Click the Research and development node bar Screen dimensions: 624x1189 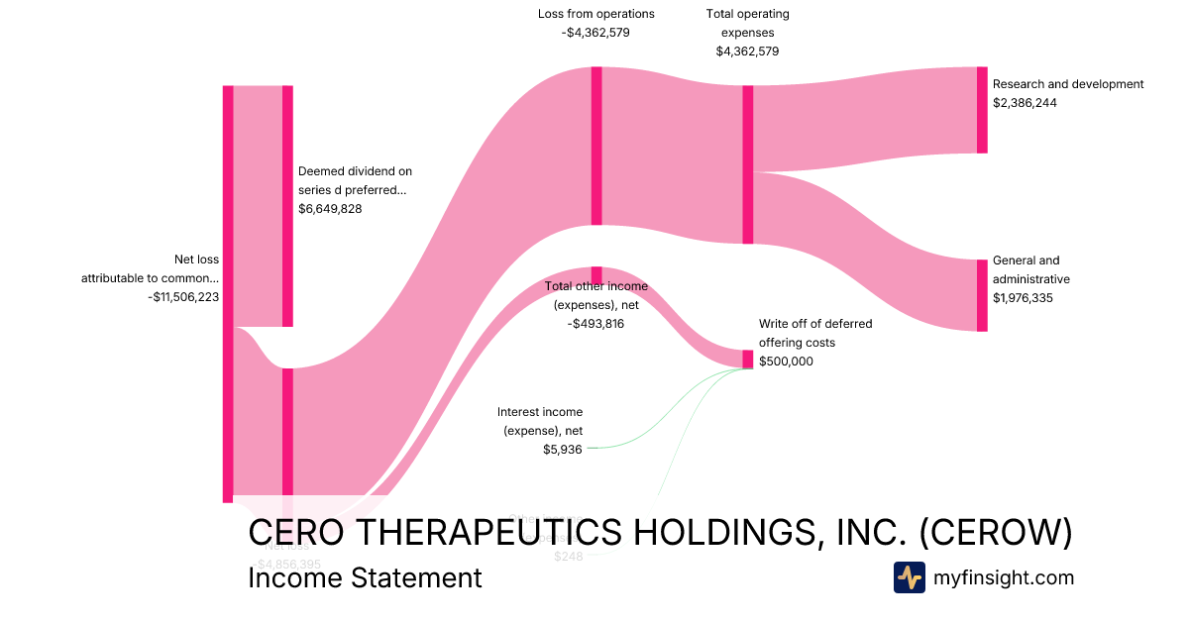coord(982,110)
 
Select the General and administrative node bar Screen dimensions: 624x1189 coord(982,295)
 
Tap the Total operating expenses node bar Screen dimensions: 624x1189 coord(748,164)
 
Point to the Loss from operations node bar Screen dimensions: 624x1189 coord(596,146)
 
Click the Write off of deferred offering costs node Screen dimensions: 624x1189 coord(748,359)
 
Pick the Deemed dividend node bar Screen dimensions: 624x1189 coord(287,206)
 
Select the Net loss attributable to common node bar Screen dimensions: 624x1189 coord(228,293)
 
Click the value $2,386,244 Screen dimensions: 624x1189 coord(1025,102)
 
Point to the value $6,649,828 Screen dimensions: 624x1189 coord(330,209)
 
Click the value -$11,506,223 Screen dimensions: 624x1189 coord(183,296)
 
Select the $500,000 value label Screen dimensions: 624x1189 coord(786,362)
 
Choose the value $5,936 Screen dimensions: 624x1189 coord(563,449)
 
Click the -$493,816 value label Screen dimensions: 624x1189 coord(595,323)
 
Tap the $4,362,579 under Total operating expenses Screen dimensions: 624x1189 coord(748,52)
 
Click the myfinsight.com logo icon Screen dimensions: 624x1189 coord(909,577)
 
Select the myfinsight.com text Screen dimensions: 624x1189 coord(1004,577)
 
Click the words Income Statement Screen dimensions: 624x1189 coord(365,577)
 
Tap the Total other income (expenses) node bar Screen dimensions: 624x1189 coord(596,274)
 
